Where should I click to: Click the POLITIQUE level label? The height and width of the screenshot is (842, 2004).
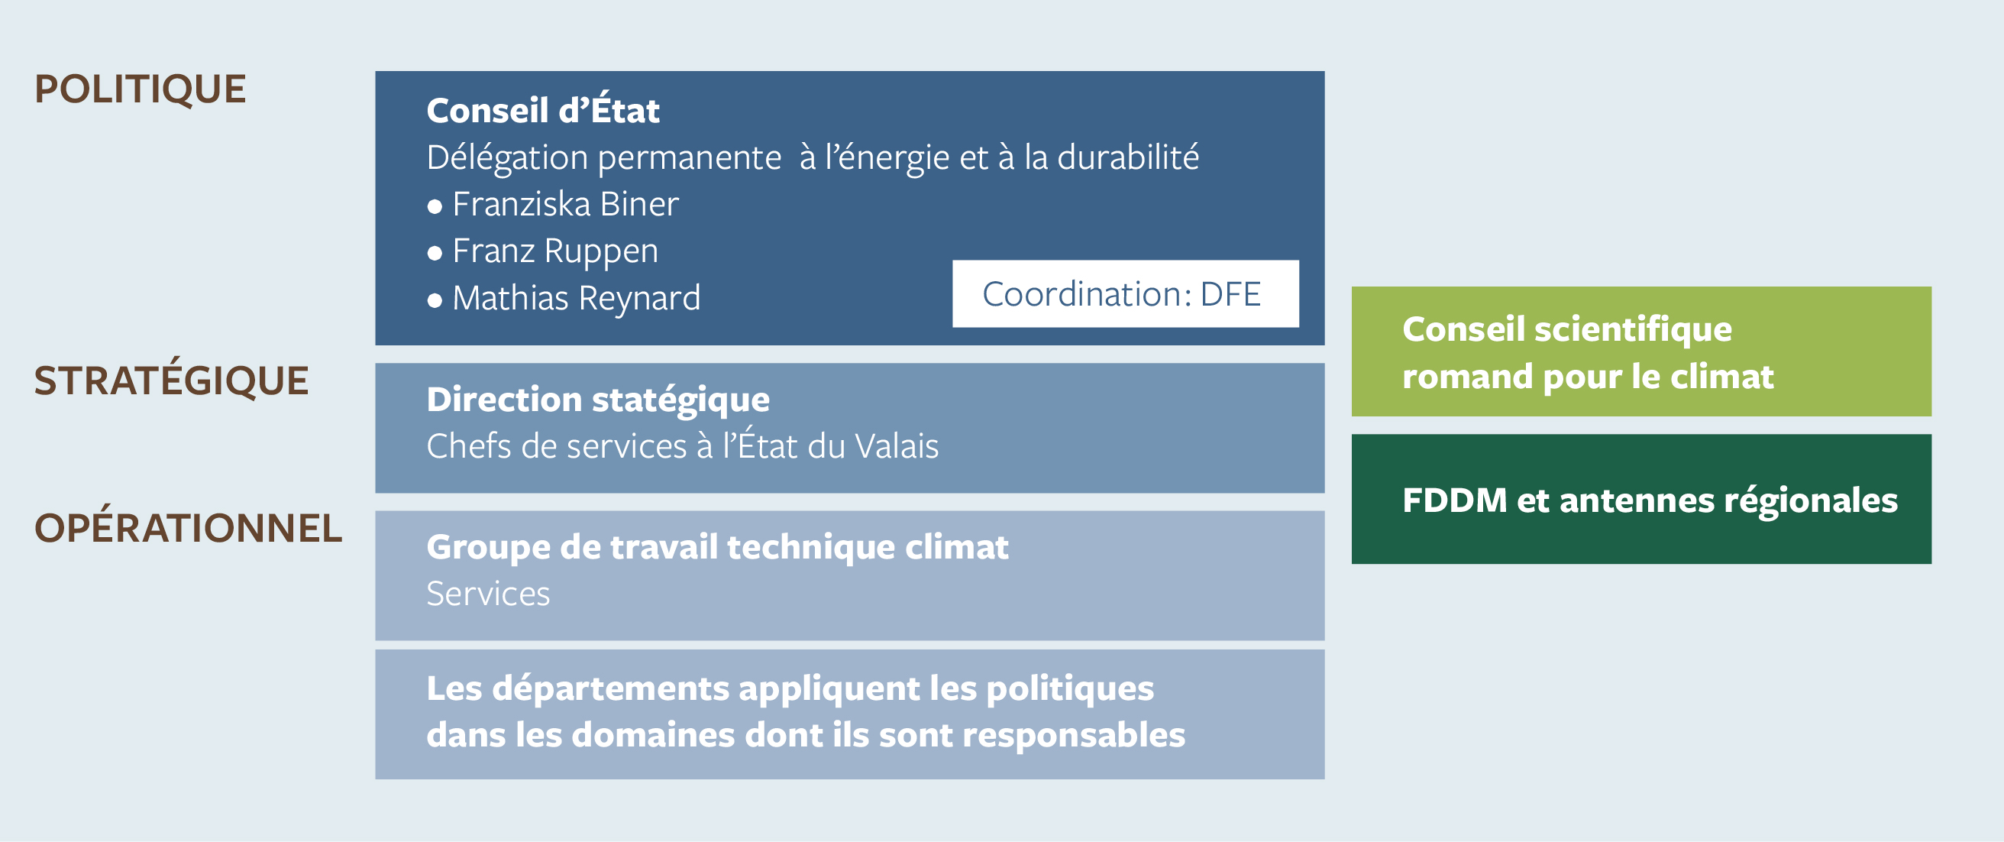(140, 90)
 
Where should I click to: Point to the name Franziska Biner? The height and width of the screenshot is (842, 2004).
(566, 204)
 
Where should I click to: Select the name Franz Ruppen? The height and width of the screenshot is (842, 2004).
(555, 251)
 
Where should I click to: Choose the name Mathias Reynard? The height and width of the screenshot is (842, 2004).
(577, 298)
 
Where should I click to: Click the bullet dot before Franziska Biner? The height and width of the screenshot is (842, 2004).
(435, 207)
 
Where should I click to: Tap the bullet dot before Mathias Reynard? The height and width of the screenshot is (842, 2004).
(435, 300)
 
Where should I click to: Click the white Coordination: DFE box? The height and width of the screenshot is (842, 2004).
(1126, 293)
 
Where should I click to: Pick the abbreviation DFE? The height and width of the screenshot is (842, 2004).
(1230, 294)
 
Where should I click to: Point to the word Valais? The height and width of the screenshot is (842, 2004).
(896, 446)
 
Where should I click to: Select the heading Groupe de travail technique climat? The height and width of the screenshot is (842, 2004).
(717, 547)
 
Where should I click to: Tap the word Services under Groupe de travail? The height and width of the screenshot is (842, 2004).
(488, 594)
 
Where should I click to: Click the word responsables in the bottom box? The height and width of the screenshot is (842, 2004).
(1074, 735)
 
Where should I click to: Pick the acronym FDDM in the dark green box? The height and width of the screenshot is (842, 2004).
(1454, 500)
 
